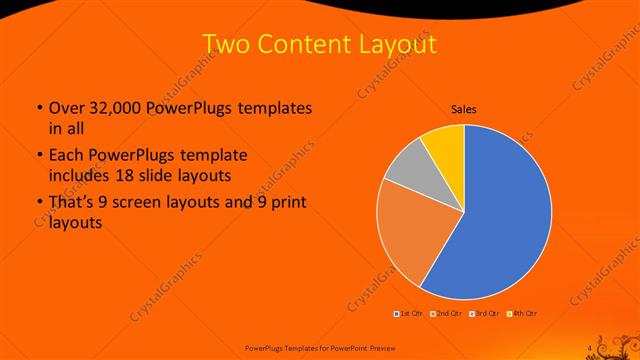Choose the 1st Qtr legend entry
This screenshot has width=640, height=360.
(x=409, y=314)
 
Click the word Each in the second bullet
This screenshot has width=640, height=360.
(x=66, y=156)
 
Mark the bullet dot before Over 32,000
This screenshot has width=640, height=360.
(x=38, y=108)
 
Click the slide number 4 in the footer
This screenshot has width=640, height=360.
(x=590, y=347)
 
